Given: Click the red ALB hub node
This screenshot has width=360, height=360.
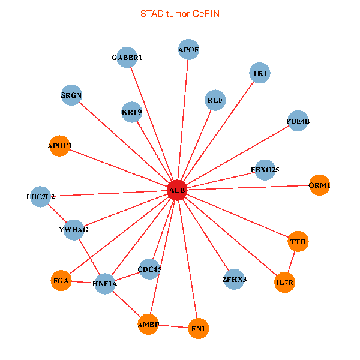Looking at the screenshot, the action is coord(177,190).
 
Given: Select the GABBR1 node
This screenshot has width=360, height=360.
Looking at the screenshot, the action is coord(127,57).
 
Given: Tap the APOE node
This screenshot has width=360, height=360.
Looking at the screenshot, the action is coord(189,50).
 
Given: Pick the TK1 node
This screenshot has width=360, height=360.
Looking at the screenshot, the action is coord(260,73).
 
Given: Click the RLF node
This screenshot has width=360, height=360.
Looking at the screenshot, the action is coord(215,100).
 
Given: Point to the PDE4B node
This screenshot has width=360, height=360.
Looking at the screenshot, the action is coord(298,121).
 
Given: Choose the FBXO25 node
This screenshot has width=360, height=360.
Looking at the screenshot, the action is coord(265,170).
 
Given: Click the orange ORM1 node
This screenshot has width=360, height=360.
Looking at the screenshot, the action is coord(319,185).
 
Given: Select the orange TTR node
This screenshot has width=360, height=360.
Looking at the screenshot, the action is coord(298,242).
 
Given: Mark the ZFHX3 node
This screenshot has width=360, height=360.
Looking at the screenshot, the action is coord(234,279).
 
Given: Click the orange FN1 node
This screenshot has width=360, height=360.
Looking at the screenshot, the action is coord(199,328).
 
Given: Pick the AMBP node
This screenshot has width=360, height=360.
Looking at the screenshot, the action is coord(148,325).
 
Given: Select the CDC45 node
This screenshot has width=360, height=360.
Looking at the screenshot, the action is coord(149,269).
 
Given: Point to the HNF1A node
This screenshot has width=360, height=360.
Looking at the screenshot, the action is coord(105,283).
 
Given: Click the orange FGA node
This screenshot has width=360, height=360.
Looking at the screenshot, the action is coord(61,280).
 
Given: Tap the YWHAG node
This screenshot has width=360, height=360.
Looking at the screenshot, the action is coord(74,230).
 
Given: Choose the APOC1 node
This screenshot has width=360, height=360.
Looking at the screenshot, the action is coord(59,146).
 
